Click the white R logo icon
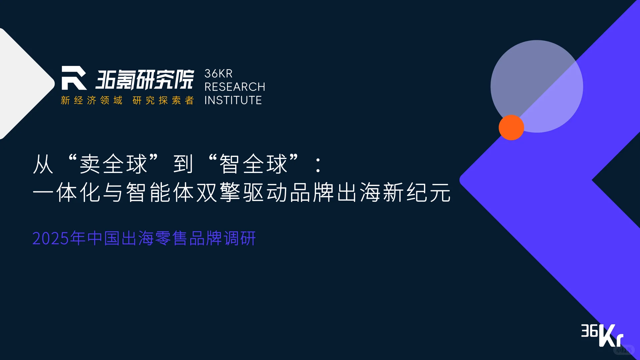(74, 78)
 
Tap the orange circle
(511, 127)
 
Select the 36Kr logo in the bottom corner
(602, 335)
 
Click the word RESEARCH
(235, 87)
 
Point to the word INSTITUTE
(233, 100)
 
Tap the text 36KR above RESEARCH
(218, 74)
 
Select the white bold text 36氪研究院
(145, 79)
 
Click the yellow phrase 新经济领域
(92, 100)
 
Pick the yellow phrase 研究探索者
(163, 100)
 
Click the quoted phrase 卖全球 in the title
(113, 164)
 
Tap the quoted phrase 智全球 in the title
(253, 164)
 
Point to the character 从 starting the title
(43, 164)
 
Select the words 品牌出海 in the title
(335, 193)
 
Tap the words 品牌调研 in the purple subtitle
(222, 239)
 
